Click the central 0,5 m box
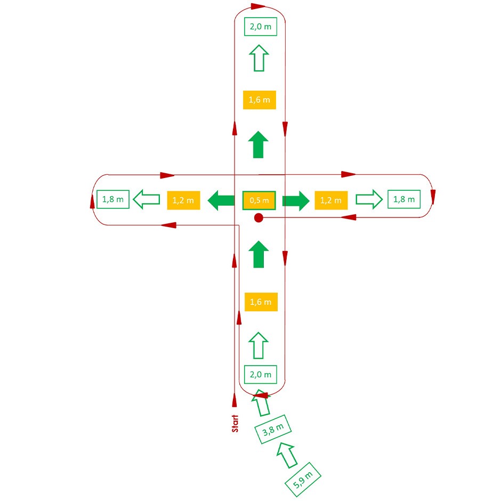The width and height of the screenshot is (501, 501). [259, 200]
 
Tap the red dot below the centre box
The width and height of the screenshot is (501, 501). [258, 218]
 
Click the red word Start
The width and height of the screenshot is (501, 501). [235, 423]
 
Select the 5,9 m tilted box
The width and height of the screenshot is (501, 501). [303, 480]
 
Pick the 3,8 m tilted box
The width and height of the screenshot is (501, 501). [273, 430]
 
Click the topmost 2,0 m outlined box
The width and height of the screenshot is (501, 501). [261, 27]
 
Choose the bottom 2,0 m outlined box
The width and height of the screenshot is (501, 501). [261, 374]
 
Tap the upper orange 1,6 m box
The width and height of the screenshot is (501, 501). [260, 100]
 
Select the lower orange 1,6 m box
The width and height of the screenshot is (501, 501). [261, 302]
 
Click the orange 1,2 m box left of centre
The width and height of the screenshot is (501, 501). [183, 200]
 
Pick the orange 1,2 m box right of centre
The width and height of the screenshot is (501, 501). [331, 200]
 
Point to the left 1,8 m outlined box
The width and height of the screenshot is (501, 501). [113, 199]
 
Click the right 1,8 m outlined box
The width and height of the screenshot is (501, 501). [404, 199]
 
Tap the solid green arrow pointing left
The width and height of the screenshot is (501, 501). [221, 200]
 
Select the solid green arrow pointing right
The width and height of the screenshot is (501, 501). [296, 200]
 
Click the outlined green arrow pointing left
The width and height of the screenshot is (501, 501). [147, 199]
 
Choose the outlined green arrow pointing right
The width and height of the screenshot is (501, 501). [369, 199]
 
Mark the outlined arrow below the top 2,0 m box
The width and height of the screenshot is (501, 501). [259, 58]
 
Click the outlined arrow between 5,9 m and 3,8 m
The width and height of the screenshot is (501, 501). [287, 455]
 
